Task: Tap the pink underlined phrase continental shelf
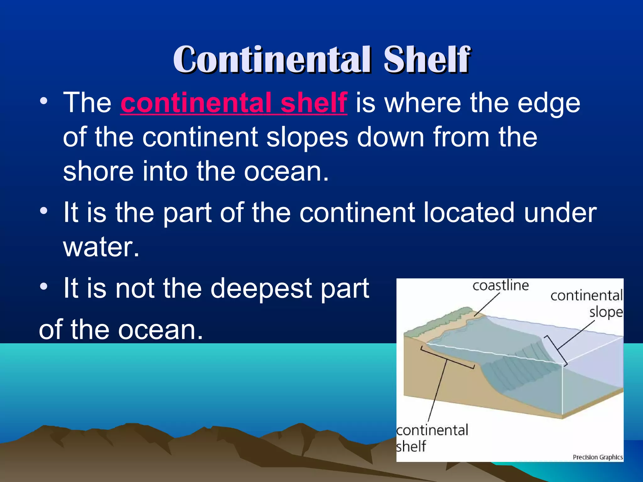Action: (234, 103)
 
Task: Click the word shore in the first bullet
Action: (98, 171)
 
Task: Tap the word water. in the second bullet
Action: (101, 247)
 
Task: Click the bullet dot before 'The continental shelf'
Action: (44, 101)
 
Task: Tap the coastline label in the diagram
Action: (500, 286)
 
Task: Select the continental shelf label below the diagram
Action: (432, 438)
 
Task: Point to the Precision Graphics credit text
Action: (597, 457)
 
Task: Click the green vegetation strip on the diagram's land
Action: (440, 323)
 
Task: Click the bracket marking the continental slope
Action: (556, 350)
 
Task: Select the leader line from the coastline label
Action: (487, 304)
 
